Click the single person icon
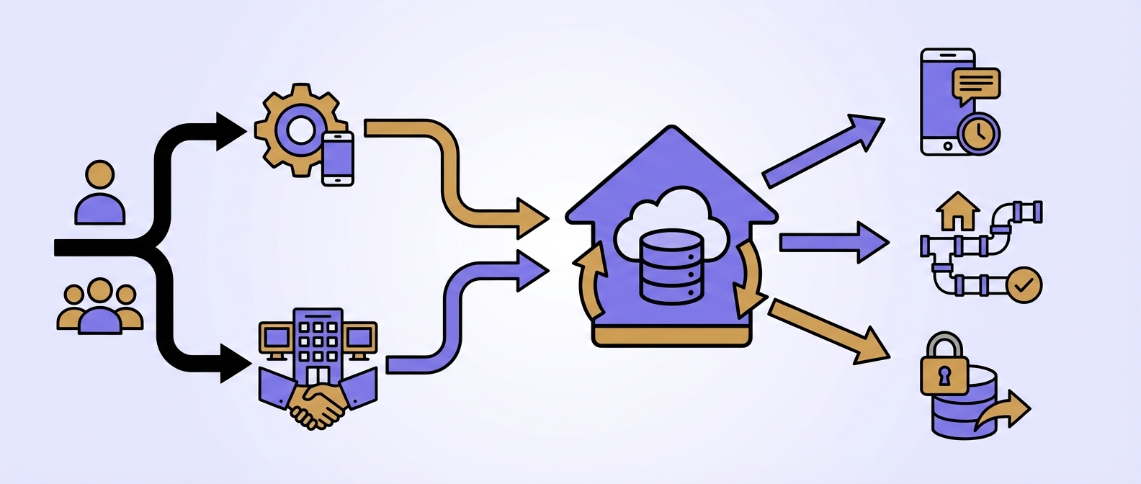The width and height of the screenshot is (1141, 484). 100,193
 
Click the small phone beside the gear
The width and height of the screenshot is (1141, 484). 337,158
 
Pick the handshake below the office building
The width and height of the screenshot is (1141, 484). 318,405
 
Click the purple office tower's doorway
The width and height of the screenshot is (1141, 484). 318,375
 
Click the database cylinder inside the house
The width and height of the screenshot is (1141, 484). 671,266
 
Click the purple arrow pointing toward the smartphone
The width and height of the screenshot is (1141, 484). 821,151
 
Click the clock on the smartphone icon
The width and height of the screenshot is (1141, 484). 979,133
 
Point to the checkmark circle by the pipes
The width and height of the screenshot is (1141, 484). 1023,285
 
